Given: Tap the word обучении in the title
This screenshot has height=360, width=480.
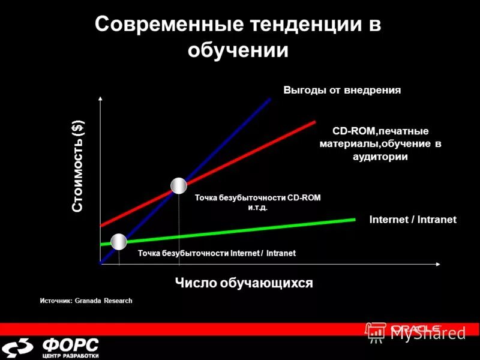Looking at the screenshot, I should pyautogui.click(x=238, y=50).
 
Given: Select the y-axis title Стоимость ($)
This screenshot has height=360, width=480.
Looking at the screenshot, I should pyautogui.click(x=78, y=166).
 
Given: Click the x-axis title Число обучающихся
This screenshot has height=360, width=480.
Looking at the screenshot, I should pyautogui.click(x=244, y=283).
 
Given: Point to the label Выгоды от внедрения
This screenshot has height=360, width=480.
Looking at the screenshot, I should pyautogui.click(x=342, y=90).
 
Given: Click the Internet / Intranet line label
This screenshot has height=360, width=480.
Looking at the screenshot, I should pyautogui.click(x=413, y=220).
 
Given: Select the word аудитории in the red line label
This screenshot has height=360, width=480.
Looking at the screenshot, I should pyautogui.click(x=380, y=157).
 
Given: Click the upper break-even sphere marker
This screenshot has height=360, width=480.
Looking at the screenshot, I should pyautogui.click(x=179, y=186).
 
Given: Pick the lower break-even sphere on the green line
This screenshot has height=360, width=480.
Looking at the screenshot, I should pyautogui.click(x=119, y=242).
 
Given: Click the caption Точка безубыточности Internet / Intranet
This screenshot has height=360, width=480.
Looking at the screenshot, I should pyautogui.click(x=217, y=253).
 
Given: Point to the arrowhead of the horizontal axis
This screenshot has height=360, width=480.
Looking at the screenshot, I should pyautogui.click(x=439, y=263).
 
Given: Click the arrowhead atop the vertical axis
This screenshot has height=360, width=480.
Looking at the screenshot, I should pyautogui.click(x=100, y=98).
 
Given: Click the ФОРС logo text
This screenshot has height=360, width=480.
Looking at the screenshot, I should pyautogui.click(x=71, y=345).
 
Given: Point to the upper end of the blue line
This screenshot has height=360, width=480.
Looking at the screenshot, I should pyautogui.click(x=270, y=98).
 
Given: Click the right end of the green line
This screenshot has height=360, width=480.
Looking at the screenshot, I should pyautogui.click(x=355, y=220).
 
